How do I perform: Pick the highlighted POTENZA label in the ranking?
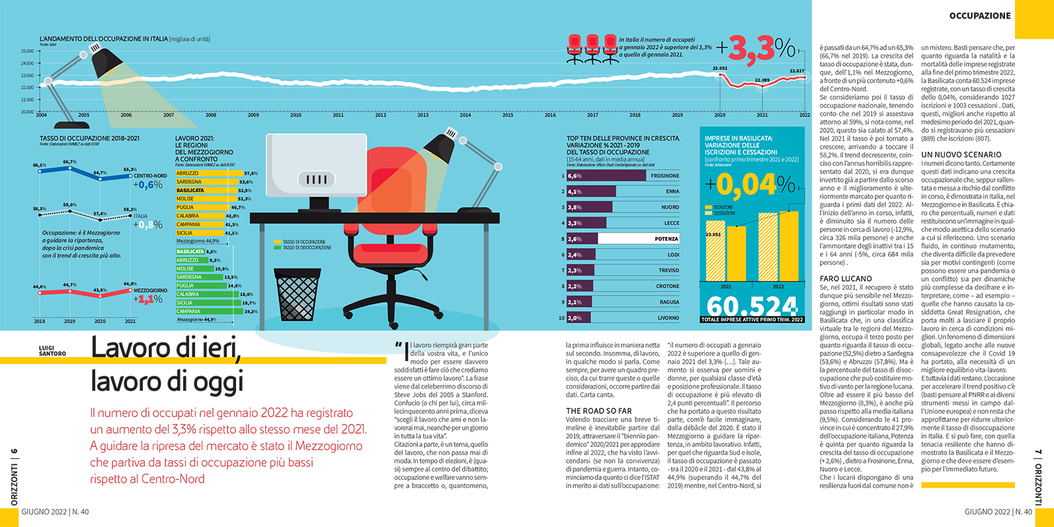click(667, 239)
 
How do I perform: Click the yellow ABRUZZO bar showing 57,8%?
click(209, 173)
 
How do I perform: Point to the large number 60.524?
click(752, 305)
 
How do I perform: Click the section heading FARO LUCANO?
click(846, 279)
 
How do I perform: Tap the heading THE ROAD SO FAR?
click(598, 411)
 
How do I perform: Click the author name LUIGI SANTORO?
click(52, 350)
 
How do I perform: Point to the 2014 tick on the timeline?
click(466, 115)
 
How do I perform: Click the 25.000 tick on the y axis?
click(27, 51)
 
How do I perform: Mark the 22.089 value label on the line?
click(762, 81)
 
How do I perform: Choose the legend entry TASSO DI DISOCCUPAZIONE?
click(307, 248)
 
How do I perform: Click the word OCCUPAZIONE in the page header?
click(980, 16)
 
